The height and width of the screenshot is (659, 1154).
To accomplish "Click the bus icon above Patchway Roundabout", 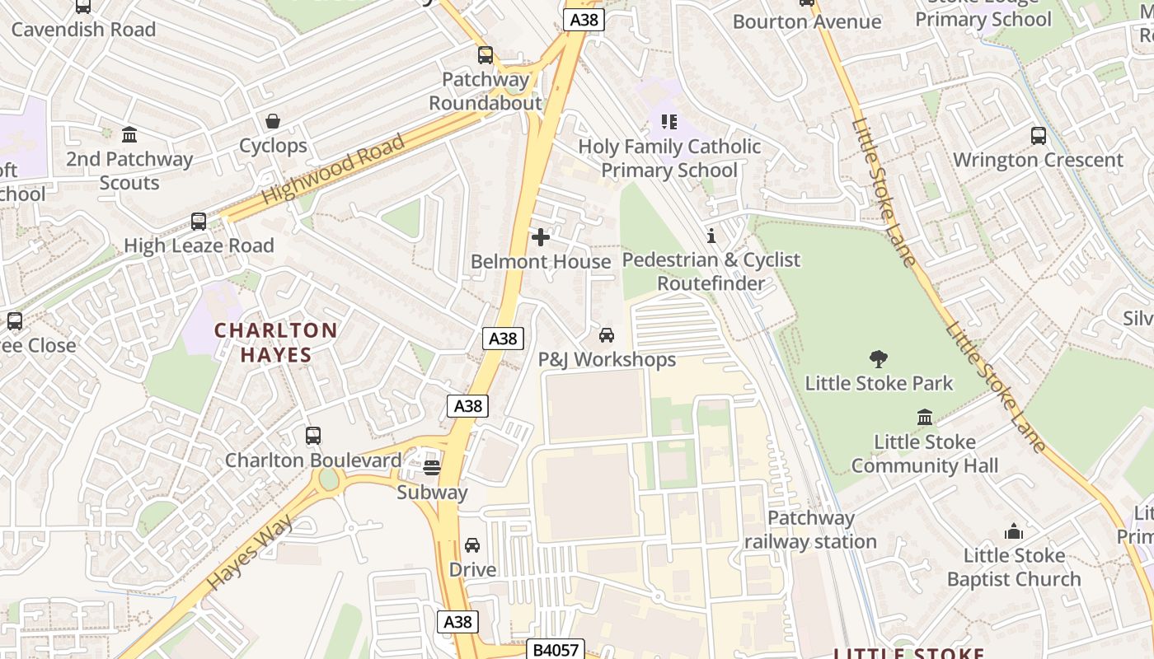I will coord(486,55).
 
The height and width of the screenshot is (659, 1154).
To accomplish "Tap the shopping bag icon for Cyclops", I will coord(273,122).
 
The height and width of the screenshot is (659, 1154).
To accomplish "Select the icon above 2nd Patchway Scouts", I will coord(129,135).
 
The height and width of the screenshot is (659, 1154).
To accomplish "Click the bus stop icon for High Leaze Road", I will coord(199,221).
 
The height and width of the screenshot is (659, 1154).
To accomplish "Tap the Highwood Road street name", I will coord(334,170).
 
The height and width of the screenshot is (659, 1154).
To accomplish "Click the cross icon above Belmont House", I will coord(541,238).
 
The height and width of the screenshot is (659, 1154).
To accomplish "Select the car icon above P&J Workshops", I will coord(607,335).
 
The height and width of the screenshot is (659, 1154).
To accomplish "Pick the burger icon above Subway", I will coord(432,468).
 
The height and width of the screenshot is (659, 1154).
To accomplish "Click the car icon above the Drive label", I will coord(472,545).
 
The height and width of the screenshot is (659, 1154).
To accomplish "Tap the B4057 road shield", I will coord(556,650).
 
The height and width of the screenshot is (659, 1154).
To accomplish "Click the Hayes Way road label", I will coord(250,552).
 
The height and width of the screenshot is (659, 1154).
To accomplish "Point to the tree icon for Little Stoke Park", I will coord(879,358).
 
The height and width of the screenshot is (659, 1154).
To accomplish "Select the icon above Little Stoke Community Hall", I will coord(925,418).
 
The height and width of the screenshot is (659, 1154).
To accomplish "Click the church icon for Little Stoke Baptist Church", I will coord(1014,531).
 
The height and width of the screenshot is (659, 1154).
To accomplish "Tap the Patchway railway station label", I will coord(810,530).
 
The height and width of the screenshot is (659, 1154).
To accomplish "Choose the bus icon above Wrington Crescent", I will coord(1039,136).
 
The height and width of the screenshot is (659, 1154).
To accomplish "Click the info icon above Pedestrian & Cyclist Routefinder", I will coord(711,236).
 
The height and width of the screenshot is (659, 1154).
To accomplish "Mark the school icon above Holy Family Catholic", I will coord(669,123).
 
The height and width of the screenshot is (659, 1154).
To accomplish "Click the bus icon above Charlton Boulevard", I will coord(313,436).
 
